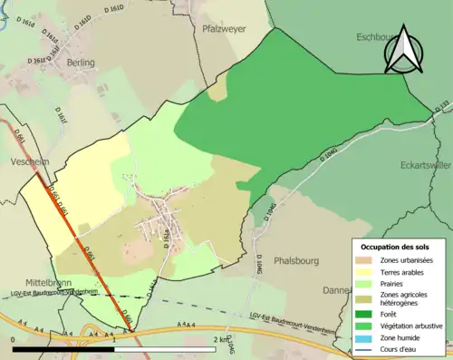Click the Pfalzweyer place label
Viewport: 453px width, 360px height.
tap(223, 28)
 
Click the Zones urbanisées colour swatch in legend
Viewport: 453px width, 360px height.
tap(365, 260)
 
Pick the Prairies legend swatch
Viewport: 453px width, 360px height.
tap(365, 283)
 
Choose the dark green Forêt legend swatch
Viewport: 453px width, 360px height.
tap(365, 309)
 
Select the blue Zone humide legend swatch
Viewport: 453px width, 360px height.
tap(365, 335)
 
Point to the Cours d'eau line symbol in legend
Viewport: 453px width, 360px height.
tap(365, 345)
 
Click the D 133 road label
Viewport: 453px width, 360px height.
tap(440, 108)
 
